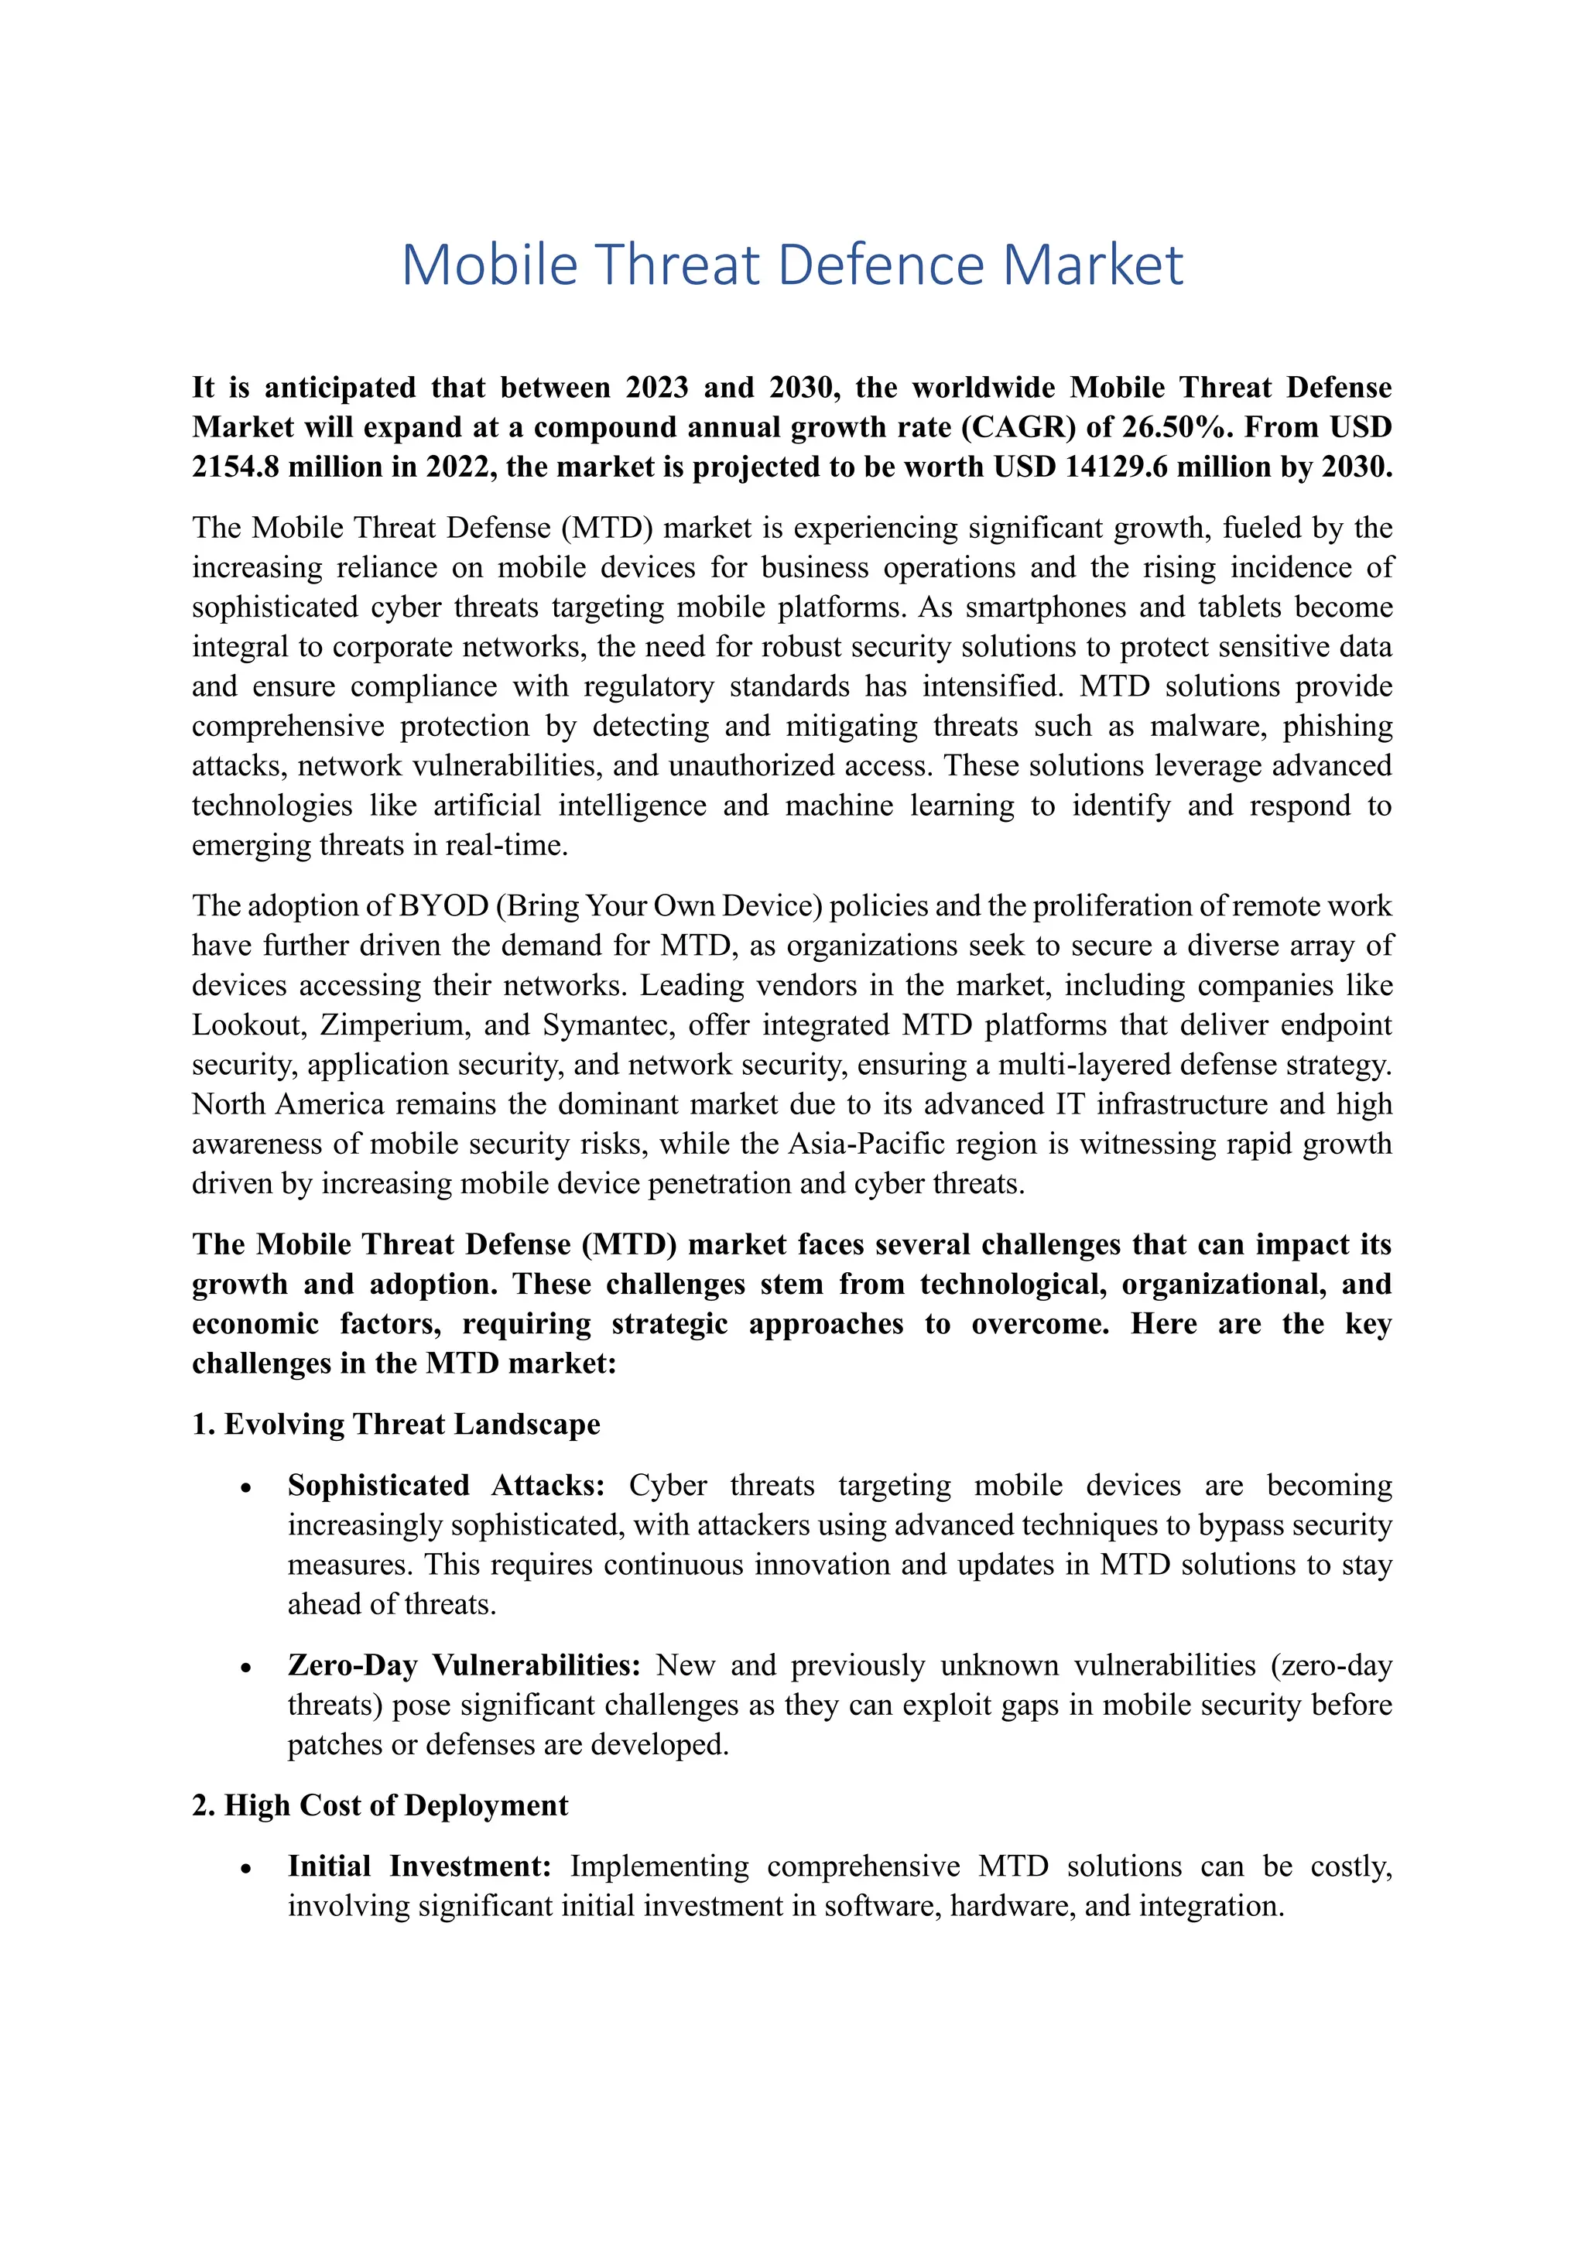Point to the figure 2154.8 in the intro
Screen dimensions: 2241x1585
(x=235, y=467)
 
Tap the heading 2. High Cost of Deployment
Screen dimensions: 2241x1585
(x=380, y=1805)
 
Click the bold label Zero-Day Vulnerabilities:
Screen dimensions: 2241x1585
(x=464, y=1665)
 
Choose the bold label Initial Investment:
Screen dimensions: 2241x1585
(x=419, y=1866)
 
